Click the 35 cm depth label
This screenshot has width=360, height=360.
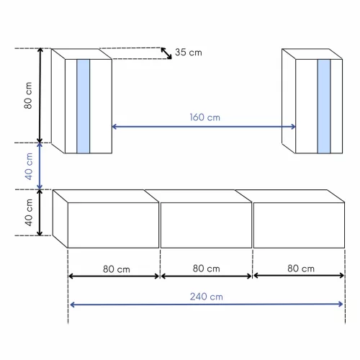189,53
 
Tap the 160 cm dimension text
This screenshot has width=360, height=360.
204,117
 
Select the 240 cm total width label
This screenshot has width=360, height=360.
206,295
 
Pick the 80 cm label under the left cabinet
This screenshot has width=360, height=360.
115,269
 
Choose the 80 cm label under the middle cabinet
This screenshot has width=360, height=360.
206,269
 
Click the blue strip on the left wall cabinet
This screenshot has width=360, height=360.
83,106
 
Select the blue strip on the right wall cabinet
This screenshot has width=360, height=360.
323,106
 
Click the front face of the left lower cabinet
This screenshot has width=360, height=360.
113,225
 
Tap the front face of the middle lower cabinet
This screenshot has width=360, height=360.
205,225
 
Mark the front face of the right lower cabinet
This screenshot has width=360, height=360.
299,225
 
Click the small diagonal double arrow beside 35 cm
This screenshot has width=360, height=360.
166,53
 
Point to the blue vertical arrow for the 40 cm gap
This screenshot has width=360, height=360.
41,166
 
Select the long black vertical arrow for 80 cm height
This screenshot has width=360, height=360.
41,96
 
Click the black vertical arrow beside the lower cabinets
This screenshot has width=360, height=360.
41,212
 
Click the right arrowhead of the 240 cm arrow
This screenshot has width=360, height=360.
342,304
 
